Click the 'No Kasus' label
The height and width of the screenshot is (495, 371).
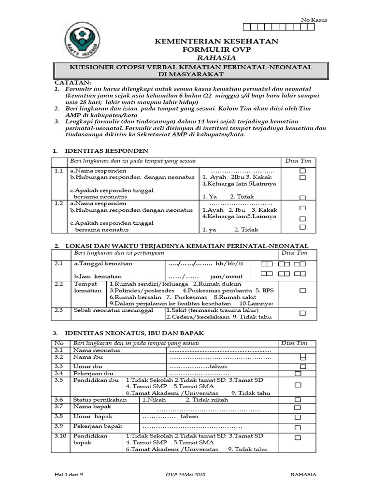coord(314,20)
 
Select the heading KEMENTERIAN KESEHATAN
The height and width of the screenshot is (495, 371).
coord(216,42)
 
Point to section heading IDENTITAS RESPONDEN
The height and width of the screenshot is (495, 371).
coord(105,150)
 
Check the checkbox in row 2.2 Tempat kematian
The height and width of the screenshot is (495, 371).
coord(303,291)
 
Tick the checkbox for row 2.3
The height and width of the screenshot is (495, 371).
coord(303,313)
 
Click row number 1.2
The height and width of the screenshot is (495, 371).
coord(59,204)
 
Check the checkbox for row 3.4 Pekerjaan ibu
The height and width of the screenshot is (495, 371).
coord(298,374)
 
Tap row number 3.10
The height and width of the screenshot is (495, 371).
coord(60,436)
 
